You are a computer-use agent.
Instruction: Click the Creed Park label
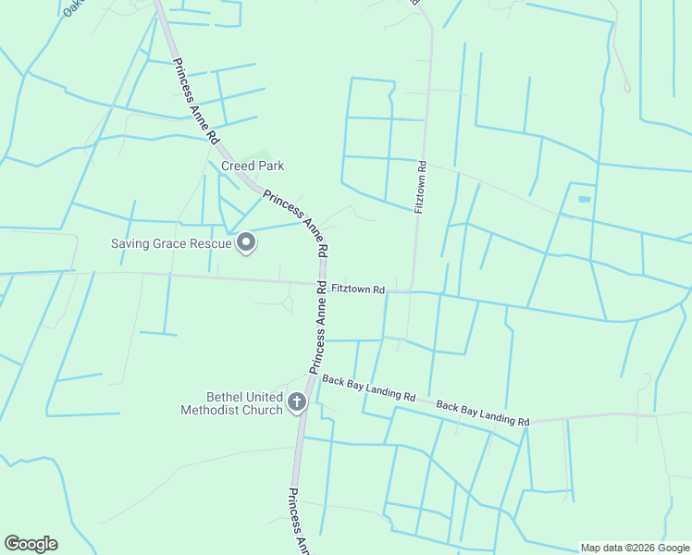252,166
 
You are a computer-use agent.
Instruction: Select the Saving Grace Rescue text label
171,244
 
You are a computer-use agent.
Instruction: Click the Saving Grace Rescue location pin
247,243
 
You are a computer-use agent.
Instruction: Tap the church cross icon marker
297,401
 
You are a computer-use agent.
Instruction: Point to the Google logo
31,544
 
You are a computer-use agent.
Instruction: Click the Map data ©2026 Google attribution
634,548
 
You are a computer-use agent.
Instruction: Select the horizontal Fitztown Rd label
358,290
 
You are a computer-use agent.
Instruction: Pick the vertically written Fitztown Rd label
420,188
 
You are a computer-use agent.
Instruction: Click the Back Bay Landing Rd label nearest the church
368,388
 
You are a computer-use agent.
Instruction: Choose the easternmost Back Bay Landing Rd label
482,413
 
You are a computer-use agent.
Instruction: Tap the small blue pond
584,199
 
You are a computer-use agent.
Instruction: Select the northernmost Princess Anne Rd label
195,102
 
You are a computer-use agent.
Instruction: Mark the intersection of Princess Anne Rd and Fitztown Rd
321,284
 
